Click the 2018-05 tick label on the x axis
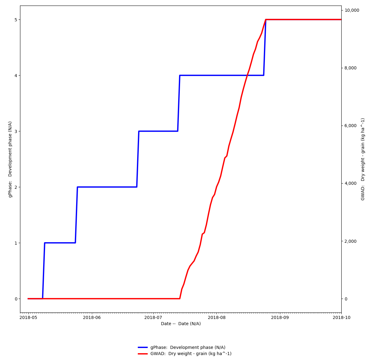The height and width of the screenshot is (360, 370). [x=28, y=317]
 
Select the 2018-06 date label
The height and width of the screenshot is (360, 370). [x=92, y=317]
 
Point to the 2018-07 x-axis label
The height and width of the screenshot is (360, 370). [x=153, y=317]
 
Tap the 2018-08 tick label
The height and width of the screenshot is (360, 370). [x=216, y=317]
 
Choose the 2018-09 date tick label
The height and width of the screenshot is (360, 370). [x=280, y=317]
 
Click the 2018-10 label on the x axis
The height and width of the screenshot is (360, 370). [x=341, y=317]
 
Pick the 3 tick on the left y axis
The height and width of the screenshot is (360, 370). [x=16, y=131]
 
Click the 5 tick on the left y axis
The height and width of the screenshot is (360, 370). [x=16, y=20]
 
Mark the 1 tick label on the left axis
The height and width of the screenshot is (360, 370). [x=16, y=243]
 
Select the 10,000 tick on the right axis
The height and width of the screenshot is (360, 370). [x=352, y=10]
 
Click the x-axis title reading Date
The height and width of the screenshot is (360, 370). [x=181, y=324]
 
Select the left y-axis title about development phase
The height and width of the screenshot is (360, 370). [x=10, y=159]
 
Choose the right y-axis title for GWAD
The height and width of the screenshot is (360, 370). [x=363, y=159]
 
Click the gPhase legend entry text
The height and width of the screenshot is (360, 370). [x=188, y=348]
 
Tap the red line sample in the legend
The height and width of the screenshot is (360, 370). [x=143, y=354]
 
